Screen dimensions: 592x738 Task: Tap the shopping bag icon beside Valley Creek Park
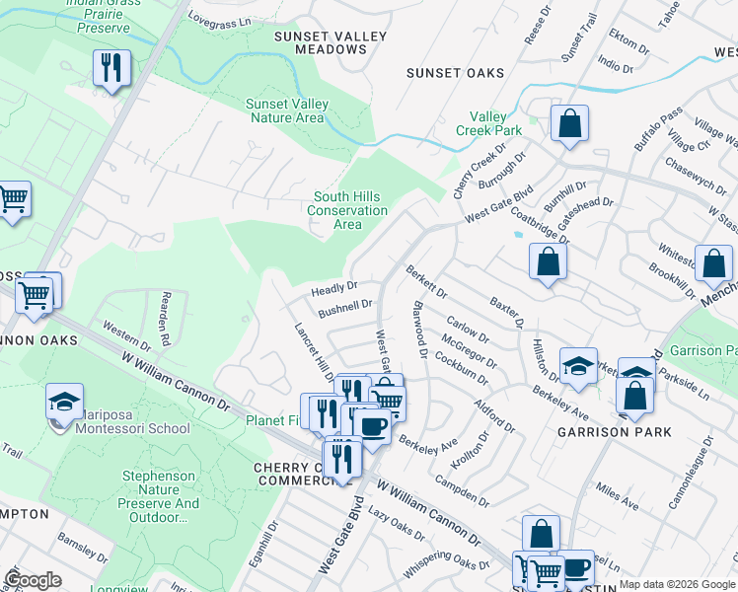(x=569, y=124)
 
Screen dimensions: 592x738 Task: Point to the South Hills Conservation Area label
(x=347, y=210)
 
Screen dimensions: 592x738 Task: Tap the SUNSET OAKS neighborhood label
(x=456, y=73)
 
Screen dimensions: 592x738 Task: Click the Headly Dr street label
(x=333, y=289)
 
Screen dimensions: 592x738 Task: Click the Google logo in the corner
(x=34, y=580)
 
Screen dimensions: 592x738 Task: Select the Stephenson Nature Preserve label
(x=160, y=496)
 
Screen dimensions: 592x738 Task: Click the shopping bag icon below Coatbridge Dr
(x=548, y=263)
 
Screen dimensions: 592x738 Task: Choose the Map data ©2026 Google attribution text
(x=677, y=584)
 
